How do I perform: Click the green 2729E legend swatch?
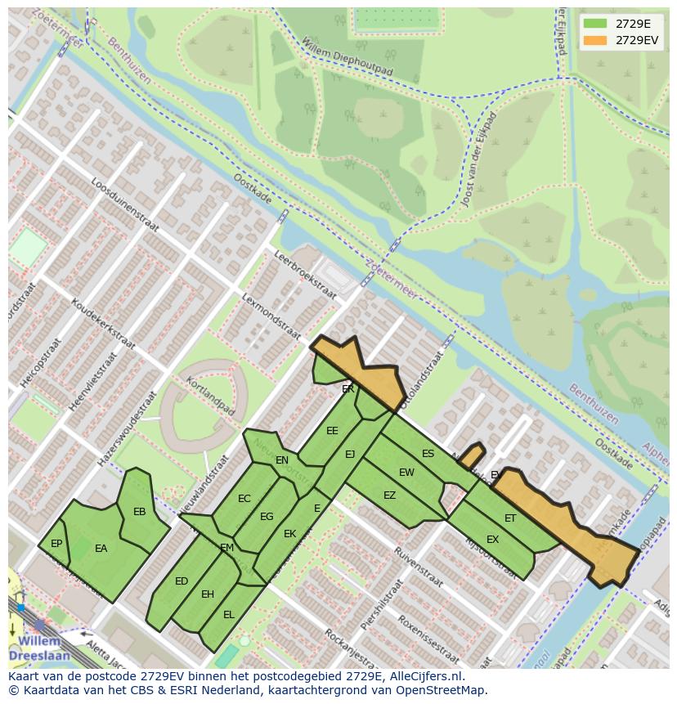594,24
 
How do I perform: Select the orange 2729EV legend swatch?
594,40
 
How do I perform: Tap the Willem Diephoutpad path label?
347,57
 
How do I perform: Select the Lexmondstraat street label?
271,316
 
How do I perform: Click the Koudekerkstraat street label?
103,324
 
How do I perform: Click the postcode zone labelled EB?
139,512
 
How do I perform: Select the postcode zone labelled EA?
101,549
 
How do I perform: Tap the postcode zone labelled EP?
56,544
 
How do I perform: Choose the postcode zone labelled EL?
229,614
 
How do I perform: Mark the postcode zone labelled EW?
406,473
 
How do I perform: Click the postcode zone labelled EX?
492,540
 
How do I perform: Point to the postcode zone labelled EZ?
389,495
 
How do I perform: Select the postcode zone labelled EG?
267,517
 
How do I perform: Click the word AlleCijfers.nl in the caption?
424,677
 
